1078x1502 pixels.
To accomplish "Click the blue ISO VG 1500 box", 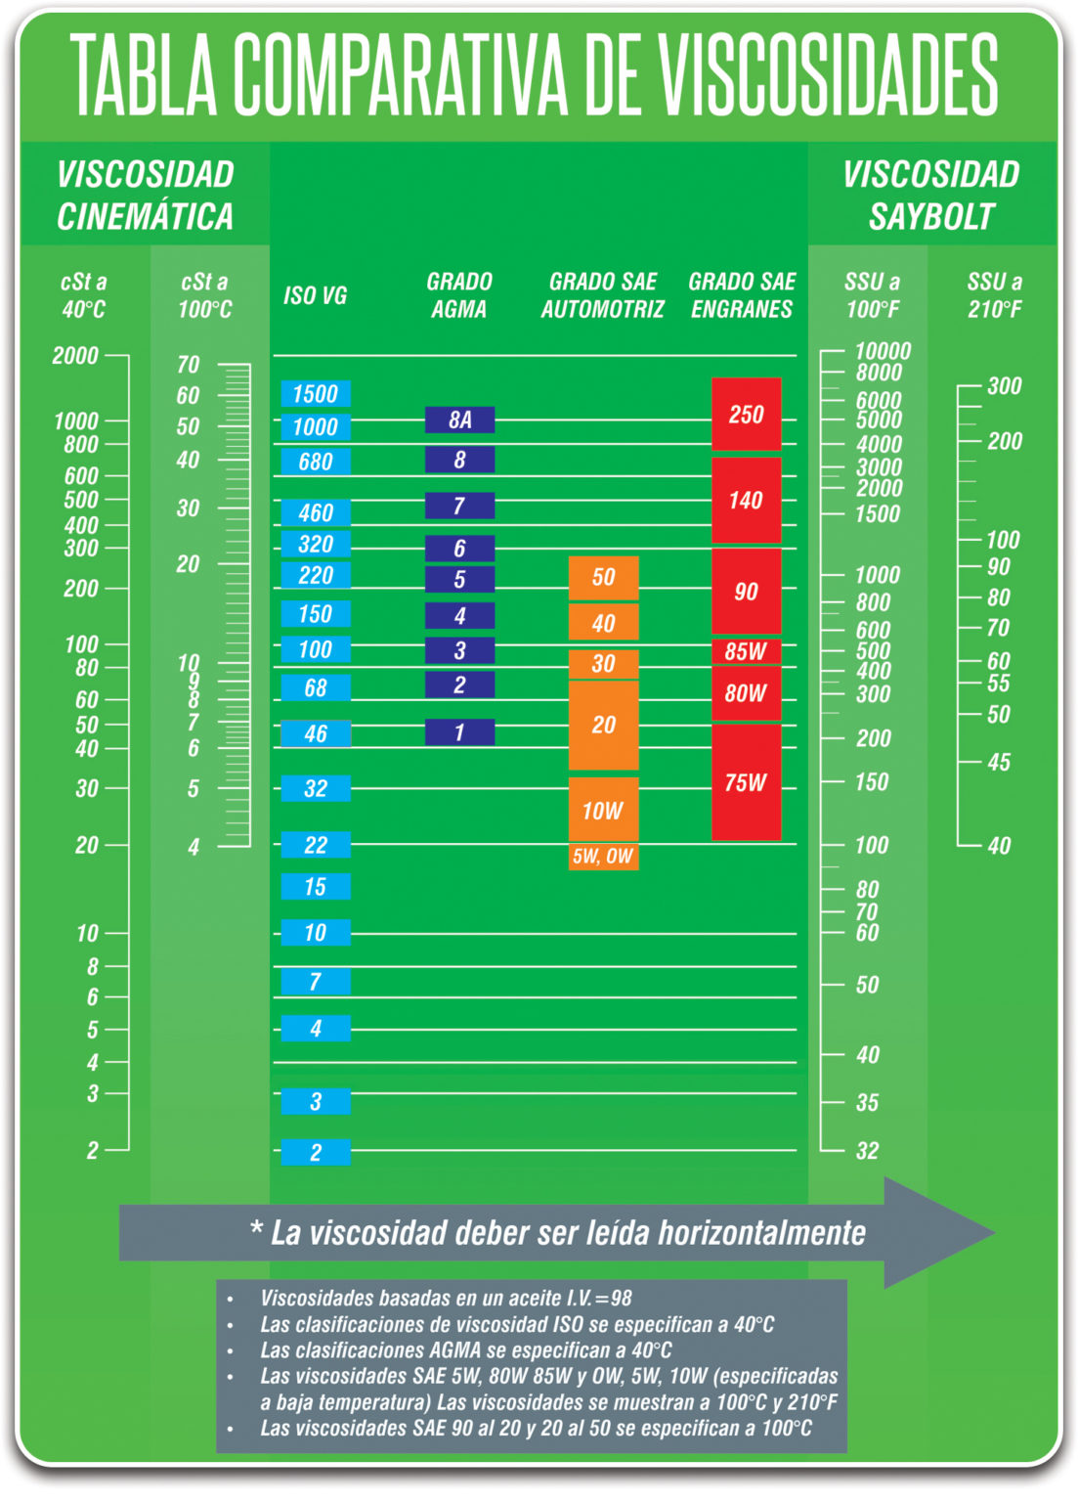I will pos(315,394).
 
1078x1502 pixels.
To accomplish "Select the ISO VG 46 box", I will pos(315,733).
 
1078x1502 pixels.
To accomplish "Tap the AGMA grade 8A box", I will pos(459,420).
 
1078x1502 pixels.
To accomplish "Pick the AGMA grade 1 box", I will pos(459,731).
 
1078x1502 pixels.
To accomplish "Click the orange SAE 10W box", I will pos(603,810).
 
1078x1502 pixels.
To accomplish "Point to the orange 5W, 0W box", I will pos(603,857).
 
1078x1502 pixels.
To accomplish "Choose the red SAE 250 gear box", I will pos(746,415).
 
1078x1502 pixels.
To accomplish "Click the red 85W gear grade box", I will pos(746,651).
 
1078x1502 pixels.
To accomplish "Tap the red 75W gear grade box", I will pos(746,782).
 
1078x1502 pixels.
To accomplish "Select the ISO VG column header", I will pos(315,295).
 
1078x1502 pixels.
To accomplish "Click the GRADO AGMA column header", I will pos(459,295).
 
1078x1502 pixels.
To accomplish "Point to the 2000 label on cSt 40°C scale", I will pos(75,356).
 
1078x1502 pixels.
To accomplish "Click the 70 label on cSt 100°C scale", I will pos(188,365).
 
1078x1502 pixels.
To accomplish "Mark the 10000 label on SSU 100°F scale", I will pos(883,351).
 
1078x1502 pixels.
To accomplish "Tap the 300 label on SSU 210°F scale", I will pos(1004,386).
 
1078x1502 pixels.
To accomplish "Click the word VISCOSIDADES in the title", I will pos(829,75).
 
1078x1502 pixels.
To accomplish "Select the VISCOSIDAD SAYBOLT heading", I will pos(931,196).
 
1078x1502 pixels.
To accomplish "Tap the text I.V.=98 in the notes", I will pos(598,1299).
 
